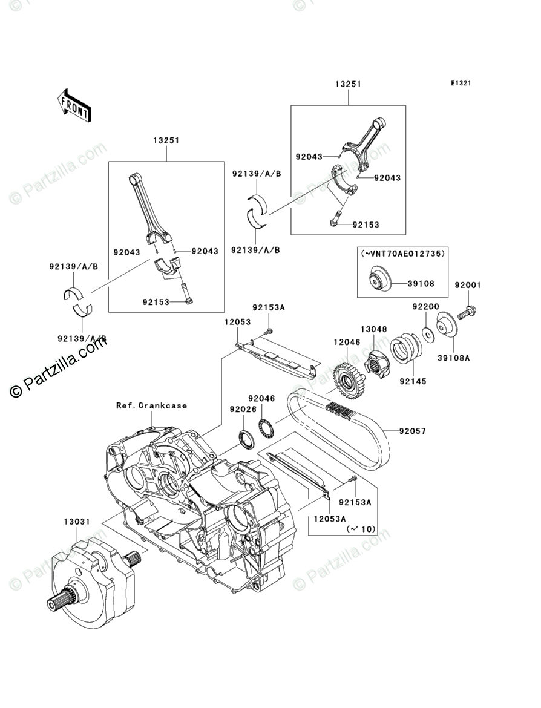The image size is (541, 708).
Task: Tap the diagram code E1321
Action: click(x=461, y=84)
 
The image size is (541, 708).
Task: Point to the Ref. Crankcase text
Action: click(x=151, y=405)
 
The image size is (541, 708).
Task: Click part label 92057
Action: click(x=411, y=431)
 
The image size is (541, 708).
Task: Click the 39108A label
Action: click(x=454, y=358)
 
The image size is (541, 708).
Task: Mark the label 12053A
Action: click(x=330, y=519)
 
